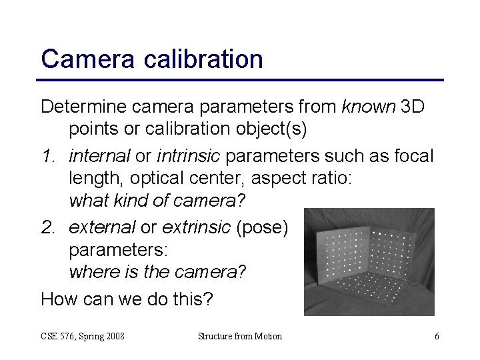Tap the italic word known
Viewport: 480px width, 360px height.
pos(368,107)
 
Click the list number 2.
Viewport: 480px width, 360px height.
pos(48,229)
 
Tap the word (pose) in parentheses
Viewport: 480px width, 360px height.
pos(262,229)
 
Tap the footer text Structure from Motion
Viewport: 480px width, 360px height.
pos(240,336)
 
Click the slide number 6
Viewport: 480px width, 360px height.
pos(437,336)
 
